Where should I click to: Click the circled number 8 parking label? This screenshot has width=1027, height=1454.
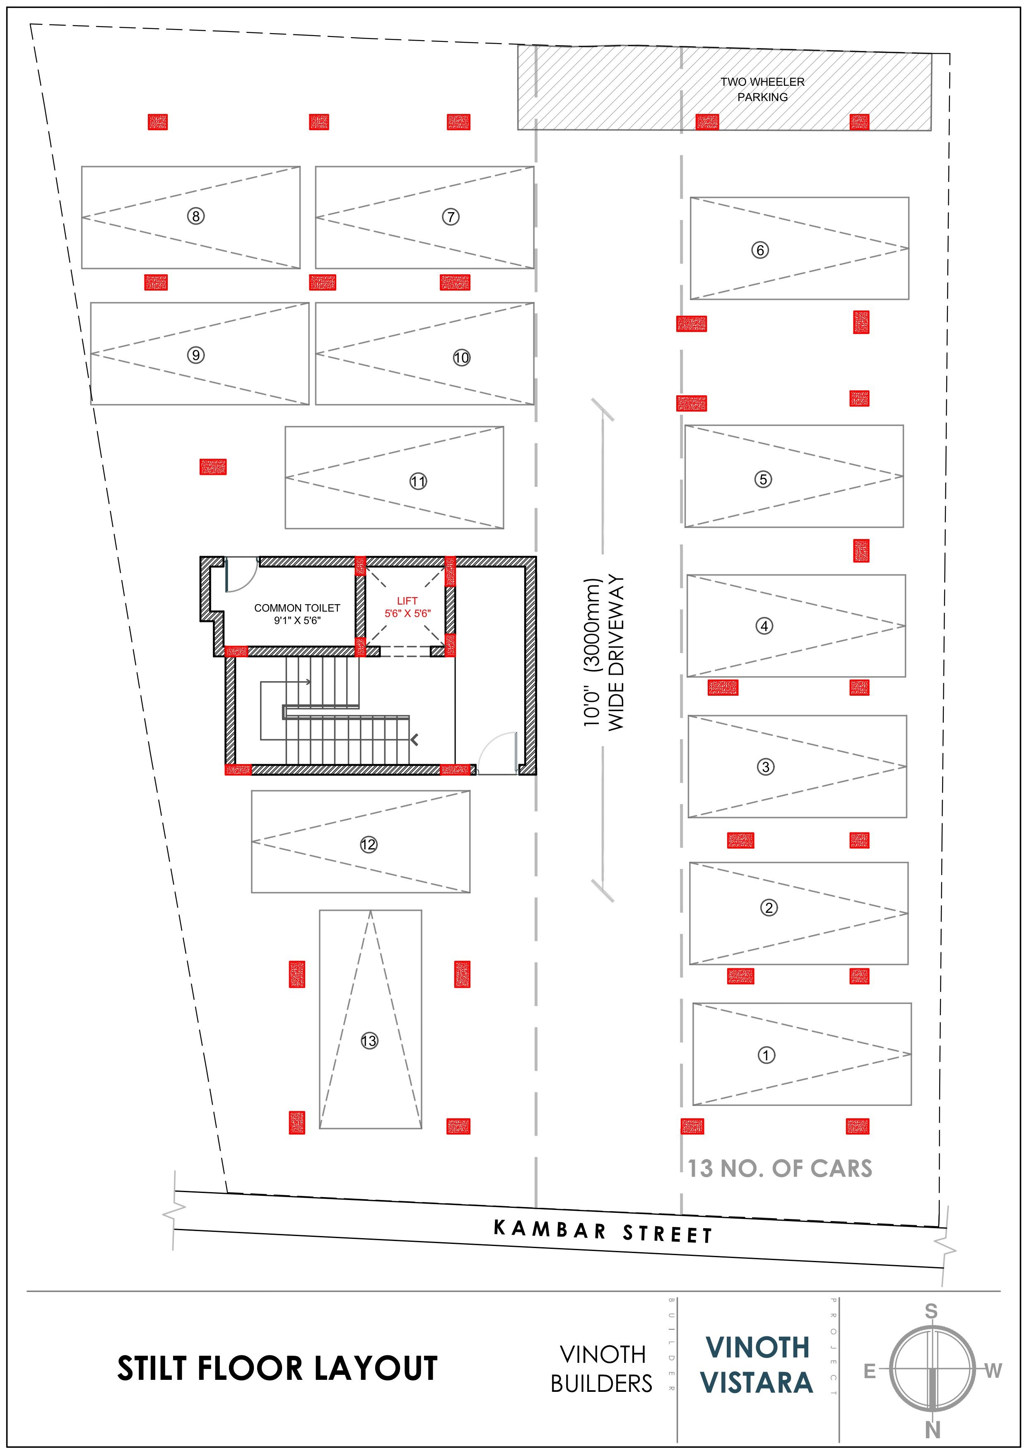click(196, 217)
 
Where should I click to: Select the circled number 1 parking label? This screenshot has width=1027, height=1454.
click(766, 1055)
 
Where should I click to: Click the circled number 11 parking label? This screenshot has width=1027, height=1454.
click(418, 481)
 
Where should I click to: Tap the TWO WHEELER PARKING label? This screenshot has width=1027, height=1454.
click(762, 89)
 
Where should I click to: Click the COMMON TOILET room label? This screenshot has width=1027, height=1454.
click(297, 608)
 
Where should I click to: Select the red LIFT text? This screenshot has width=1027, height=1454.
click(407, 600)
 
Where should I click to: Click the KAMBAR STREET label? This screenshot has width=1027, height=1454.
click(603, 1232)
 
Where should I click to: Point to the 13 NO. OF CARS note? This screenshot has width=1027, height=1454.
click(780, 1169)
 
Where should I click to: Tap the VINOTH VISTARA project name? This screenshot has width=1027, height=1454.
click(757, 1365)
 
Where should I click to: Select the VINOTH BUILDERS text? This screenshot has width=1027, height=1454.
click(601, 1369)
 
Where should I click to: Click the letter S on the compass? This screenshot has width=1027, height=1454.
click(931, 1311)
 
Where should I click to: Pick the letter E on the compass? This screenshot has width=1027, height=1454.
click(870, 1371)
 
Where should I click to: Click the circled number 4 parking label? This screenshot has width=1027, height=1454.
click(764, 626)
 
